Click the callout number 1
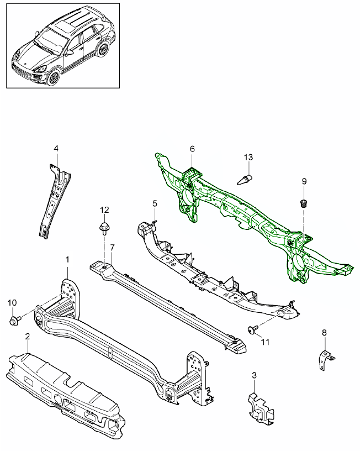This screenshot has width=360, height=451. click(68, 259)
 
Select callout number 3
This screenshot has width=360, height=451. click(254, 376)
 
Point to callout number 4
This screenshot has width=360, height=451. click(56, 148)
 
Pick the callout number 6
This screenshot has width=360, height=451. click(193, 149)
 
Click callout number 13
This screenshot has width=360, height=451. click(248, 158)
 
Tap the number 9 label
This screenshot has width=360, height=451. click(304, 181)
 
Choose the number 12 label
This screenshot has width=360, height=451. click(104, 209)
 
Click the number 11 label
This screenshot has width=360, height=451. click(265, 342)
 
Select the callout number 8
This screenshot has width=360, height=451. click(324, 332)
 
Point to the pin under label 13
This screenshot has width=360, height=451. click(246, 179)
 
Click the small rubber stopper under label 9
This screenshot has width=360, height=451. click(303, 202)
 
